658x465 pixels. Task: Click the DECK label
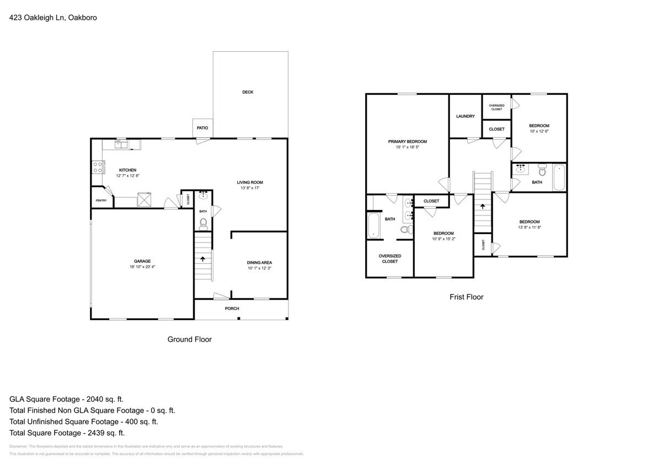[x=248, y=92]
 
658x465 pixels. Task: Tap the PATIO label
[x=202, y=128]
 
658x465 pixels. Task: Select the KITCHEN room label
[x=127, y=170]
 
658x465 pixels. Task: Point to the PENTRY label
[x=101, y=200]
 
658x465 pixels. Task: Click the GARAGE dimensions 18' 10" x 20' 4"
[x=142, y=267]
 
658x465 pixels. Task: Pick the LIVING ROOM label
[x=250, y=182]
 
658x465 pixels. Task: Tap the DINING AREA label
[x=259, y=262]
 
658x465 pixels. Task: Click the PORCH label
[x=232, y=309]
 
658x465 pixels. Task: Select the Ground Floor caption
[x=189, y=339]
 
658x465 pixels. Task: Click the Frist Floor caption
[x=466, y=297]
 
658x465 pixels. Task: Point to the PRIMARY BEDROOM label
[x=407, y=142]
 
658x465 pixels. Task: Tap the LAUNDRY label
[x=466, y=116]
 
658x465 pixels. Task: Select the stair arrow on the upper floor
[x=483, y=206]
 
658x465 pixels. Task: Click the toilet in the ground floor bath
[x=203, y=223]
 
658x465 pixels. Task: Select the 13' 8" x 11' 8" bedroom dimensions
[x=529, y=228]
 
